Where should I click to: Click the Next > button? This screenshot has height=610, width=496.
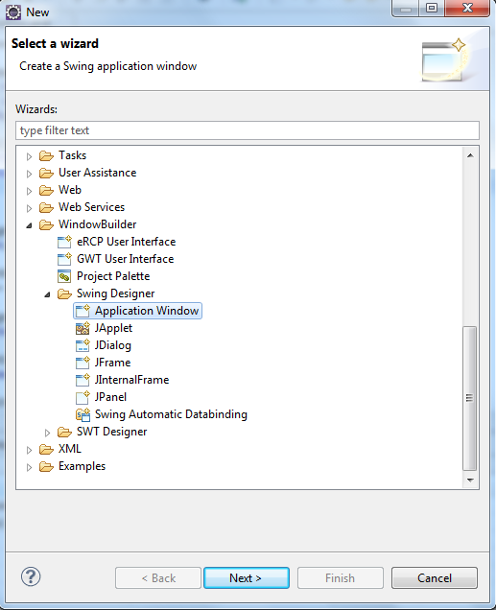coord(247,577)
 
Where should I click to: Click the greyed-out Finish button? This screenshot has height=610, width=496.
coord(340,577)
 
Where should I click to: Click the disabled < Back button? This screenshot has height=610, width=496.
coord(158,577)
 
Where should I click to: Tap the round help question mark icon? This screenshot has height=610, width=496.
coord(31,576)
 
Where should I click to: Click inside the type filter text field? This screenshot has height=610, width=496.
coord(248,130)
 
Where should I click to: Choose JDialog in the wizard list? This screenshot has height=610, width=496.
coord(113,345)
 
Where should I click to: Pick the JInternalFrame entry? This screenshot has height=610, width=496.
coord(131,380)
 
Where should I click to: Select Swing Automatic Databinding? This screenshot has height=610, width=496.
coord(171,414)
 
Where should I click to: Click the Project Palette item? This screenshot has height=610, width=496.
coord(113,276)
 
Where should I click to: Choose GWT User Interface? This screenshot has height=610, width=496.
coord(126,259)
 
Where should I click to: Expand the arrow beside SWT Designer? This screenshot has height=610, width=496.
coord(47,433)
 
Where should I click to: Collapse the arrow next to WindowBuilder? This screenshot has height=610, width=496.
coord(29,225)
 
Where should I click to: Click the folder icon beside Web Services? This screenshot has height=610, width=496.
coord(46,208)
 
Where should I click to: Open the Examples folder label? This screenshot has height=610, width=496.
coord(83,466)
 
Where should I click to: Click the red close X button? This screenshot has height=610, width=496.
coord(467,8)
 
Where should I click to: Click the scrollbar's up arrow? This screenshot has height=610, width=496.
coord(470,155)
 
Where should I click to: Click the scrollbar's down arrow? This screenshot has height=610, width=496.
coord(470,480)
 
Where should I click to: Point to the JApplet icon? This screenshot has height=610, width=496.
coord(83,328)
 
